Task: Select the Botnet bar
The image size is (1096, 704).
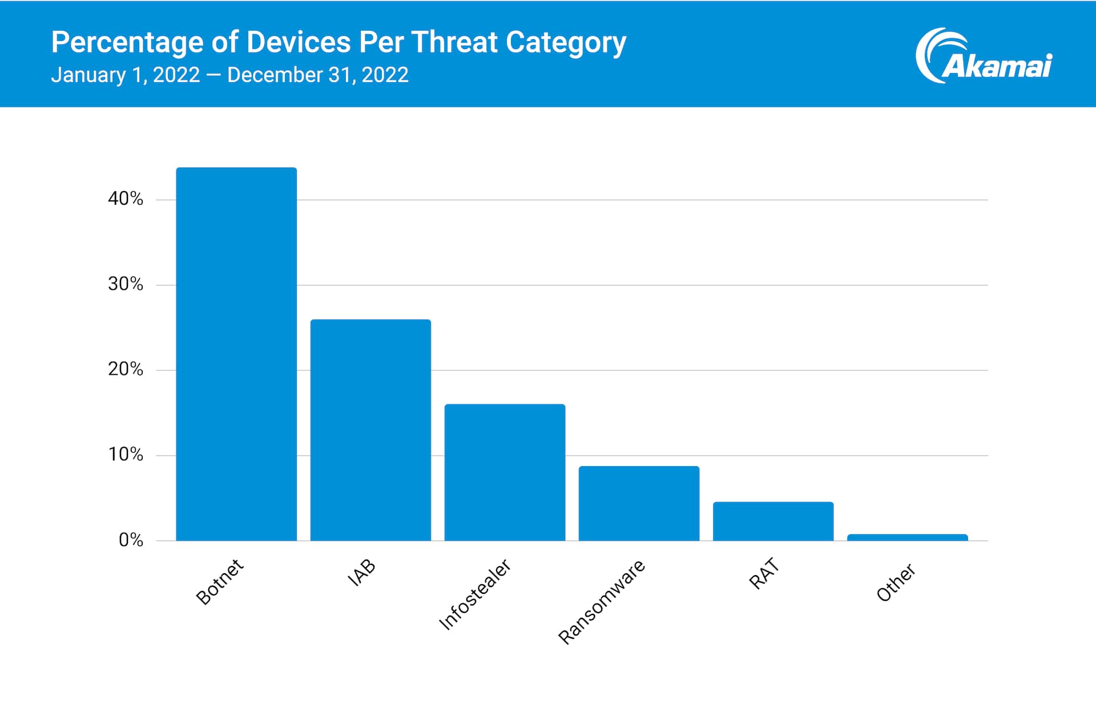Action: coord(236,354)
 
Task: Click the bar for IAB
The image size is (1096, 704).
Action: coord(370,430)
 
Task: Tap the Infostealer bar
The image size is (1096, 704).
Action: coord(505,472)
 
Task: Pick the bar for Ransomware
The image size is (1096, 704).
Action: coord(639,503)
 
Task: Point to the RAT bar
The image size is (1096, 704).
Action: coord(773,521)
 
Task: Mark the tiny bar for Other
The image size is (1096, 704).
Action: coord(907,537)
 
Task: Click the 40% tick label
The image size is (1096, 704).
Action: coord(126,199)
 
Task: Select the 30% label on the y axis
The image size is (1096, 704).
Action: coord(126,284)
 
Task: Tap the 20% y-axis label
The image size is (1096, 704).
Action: coord(126,369)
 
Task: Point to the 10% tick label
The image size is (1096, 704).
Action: coord(126,455)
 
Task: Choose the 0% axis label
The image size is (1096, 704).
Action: coord(131,540)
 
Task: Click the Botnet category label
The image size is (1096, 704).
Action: coord(220,581)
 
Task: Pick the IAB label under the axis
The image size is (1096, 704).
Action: coord(362,572)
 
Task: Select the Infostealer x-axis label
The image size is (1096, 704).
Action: coord(475,594)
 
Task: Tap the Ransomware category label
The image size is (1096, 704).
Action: coord(602,602)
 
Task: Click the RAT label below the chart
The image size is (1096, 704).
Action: coord(764,573)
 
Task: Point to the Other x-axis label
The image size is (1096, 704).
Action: coord(896,582)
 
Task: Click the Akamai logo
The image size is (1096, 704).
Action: coord(984,56)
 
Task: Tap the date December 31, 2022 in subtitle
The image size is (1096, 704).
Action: coord(318,75)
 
